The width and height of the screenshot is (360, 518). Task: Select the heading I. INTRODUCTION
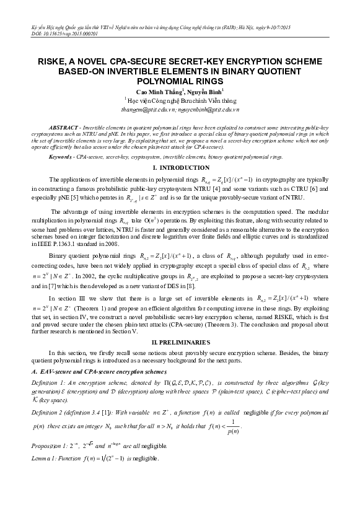tap(179, 169)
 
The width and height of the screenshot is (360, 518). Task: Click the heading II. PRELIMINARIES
tap(179, 342)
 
